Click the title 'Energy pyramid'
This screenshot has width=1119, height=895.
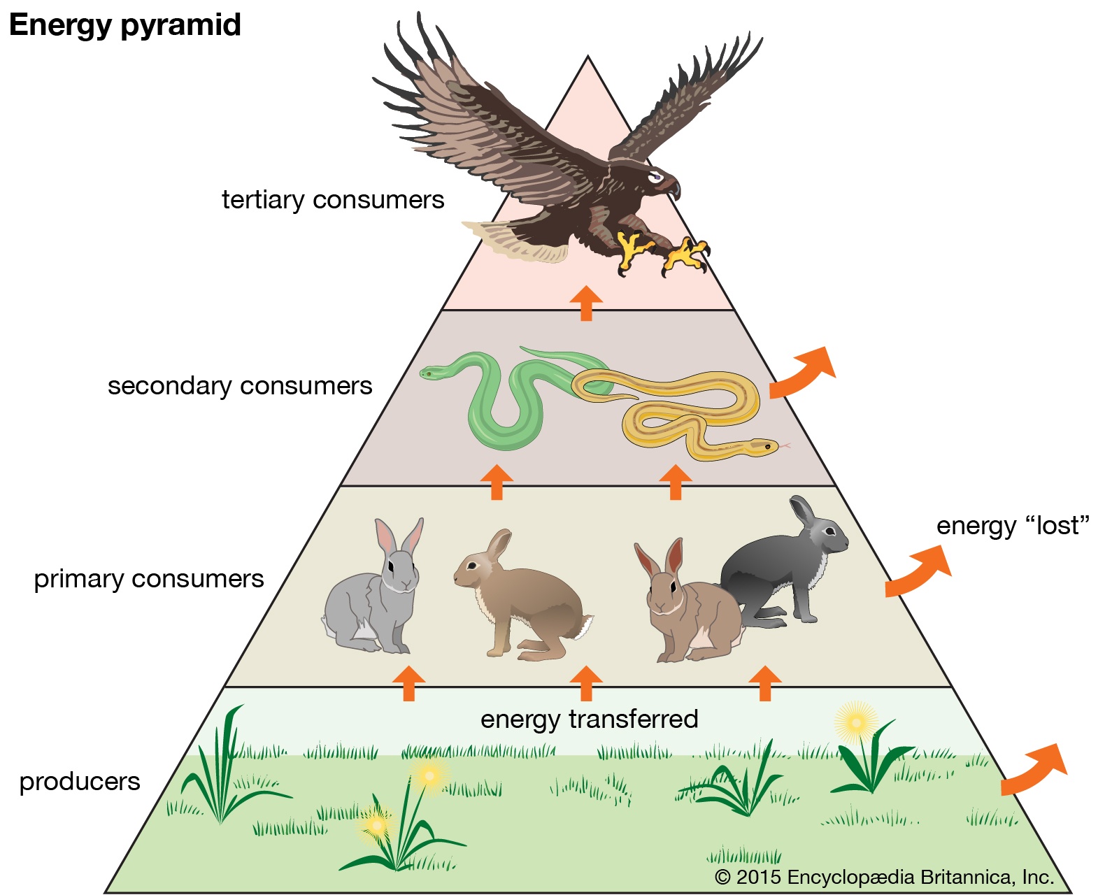(124, 25)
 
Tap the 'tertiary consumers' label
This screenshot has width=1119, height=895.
(333, 200)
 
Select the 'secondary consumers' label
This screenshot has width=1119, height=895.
(240, 386)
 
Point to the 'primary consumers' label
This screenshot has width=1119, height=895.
(149, 579)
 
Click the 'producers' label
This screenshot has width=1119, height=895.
(80, 782)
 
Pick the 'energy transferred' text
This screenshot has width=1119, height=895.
(589, 719)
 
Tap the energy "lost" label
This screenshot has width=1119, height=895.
(1013, 526)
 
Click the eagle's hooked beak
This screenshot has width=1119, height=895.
(673, 187)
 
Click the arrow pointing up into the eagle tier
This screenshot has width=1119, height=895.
(586, 302)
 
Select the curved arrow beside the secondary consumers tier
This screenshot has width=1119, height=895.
(804, 372)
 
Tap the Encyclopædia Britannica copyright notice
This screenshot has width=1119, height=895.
(884, 877)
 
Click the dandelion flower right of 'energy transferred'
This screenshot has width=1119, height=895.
(856, 722)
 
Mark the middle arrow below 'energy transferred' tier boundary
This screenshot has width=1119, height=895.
(586, 682)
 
